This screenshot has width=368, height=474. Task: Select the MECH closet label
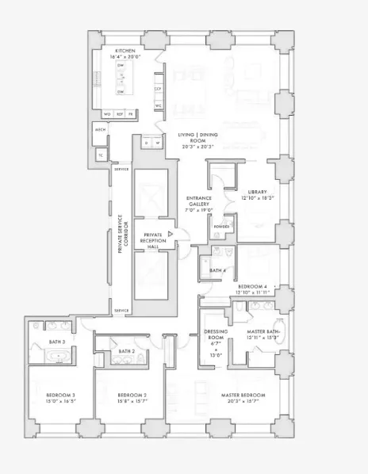point(101,129)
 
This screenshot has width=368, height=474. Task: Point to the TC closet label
point(101,155)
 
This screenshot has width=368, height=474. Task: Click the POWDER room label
point(220,227)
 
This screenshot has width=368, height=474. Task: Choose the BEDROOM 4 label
point(255,286)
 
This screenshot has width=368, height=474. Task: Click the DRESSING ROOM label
point(216,334)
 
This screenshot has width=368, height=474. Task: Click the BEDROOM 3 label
point(60,395)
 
